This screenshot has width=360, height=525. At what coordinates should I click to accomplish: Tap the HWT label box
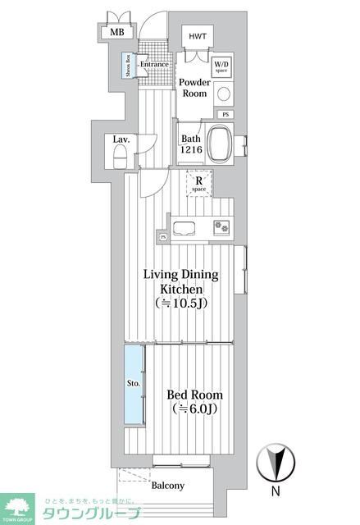[198, 37]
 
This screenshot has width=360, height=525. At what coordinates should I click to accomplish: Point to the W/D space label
[221, 66]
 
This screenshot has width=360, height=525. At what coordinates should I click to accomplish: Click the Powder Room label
[194, 88]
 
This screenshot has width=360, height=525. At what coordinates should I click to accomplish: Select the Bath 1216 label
[190, 144]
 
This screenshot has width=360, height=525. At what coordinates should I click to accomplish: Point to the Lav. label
[121, 139]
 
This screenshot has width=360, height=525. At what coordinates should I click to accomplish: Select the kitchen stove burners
[221, 226]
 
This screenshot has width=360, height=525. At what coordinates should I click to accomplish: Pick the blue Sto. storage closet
[133, 384]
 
